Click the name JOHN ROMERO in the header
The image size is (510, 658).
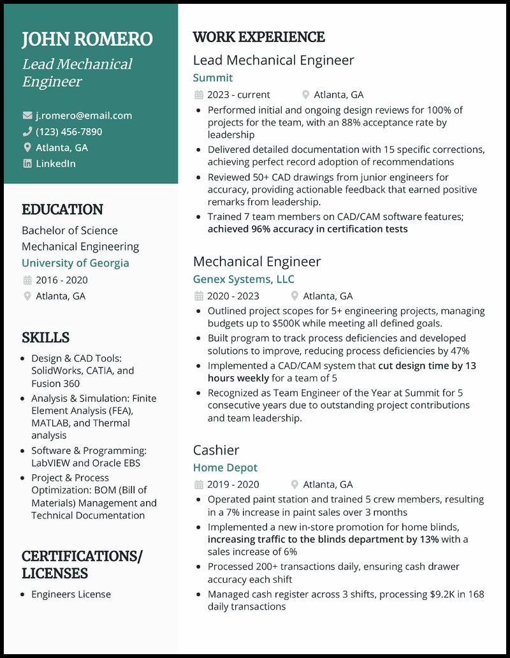87,39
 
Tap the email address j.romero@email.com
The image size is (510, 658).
84,115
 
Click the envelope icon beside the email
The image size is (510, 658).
27,115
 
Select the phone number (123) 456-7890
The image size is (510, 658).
69,131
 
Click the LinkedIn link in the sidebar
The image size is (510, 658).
55,163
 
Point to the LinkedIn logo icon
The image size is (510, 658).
27,163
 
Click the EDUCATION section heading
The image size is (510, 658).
62,210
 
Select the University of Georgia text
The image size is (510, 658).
75,263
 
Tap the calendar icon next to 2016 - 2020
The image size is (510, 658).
27,280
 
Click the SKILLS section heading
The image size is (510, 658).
45,337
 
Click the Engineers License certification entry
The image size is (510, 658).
71,594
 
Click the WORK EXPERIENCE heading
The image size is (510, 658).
259,37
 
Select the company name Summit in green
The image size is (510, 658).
213,78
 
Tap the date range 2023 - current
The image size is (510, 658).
238,94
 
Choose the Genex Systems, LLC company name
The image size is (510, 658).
244,279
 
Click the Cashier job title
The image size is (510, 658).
216,450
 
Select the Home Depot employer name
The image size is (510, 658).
225,467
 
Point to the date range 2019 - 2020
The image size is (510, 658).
233,485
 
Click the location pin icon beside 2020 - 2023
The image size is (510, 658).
295,296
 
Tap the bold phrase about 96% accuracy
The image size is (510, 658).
307,229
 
